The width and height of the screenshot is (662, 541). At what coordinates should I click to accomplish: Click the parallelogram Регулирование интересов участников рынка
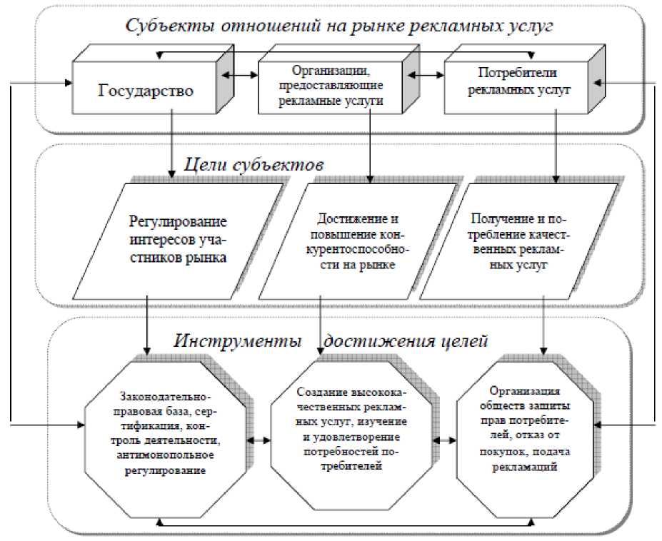point(178,240)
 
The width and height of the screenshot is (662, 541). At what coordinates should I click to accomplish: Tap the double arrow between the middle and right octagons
point(446,441)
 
